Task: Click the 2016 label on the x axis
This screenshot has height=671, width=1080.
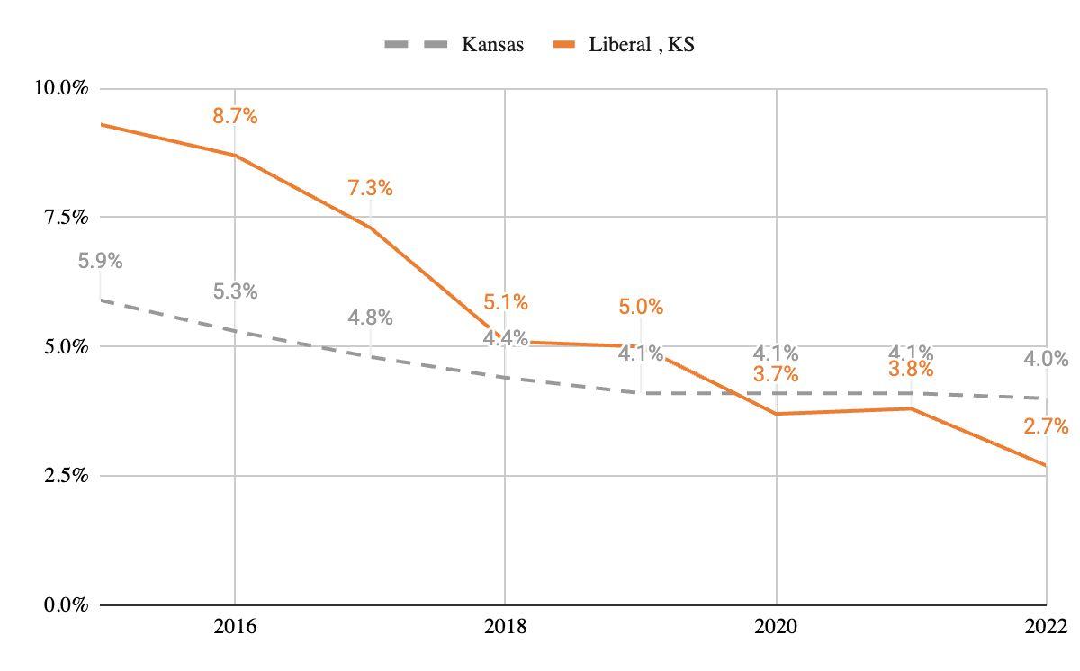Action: click(235, 627)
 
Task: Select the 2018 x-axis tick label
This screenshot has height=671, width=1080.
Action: click(505, 627)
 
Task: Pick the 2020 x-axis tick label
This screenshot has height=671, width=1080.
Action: click(776, 627)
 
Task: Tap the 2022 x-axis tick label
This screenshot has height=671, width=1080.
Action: click(1046, 627)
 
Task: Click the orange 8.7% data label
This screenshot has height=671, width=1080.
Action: click(235, 116)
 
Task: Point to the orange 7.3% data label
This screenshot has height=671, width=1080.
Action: click(370, 188)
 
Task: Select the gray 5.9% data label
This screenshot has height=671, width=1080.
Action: click(100, 262)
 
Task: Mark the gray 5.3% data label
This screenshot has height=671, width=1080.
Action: click(235, 291)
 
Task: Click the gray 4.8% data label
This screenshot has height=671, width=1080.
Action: click(370, 318)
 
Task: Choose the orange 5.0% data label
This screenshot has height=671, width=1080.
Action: click(641, 307)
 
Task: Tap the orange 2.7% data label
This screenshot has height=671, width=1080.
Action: click(1046, 426)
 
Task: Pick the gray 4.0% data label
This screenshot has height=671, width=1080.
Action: click(1046, 360)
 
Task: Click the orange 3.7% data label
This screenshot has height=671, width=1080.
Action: click(776, 375)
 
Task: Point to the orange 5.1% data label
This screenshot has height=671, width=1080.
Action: click(505, 302)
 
